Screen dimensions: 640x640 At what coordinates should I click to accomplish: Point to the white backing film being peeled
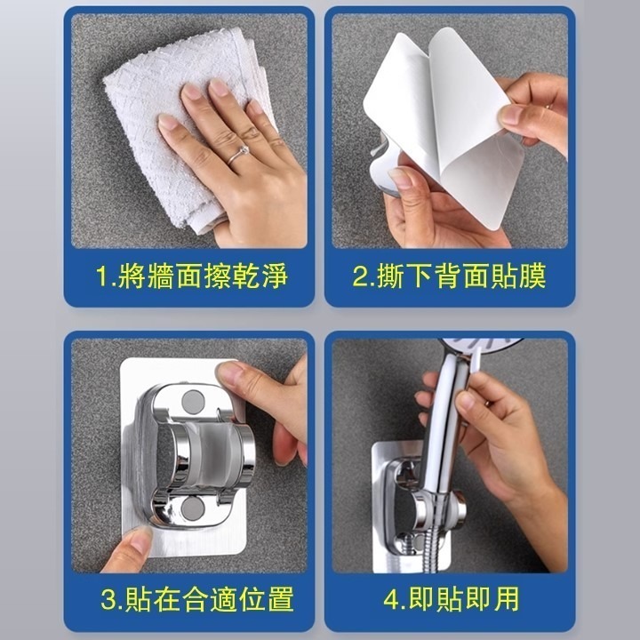(x=444, y=133)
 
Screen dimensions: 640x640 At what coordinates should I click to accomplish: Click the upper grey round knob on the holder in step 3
(x=191, y=402)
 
